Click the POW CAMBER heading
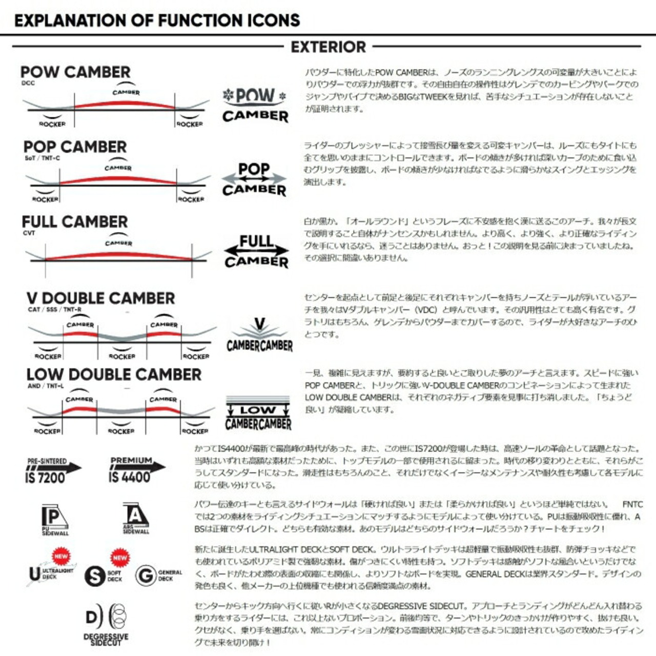tap(75, 72)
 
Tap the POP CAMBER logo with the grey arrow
tap(254, 179)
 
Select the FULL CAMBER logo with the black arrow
tap(256, 251)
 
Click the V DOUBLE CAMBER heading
tap(100, 298)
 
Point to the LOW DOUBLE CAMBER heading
tap(114, 375)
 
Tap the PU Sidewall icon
tap(54, 519)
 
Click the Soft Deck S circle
tap(95, 576)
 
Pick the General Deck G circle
tap(146, 576)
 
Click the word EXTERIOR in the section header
tap(328, 47)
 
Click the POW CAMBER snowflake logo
tap(255, 105)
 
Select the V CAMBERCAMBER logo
tap(259, 336)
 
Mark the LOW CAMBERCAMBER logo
tap(258, 414)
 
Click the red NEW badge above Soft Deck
tap(120, 558)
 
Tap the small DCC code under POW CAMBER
tap(28, 83)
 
